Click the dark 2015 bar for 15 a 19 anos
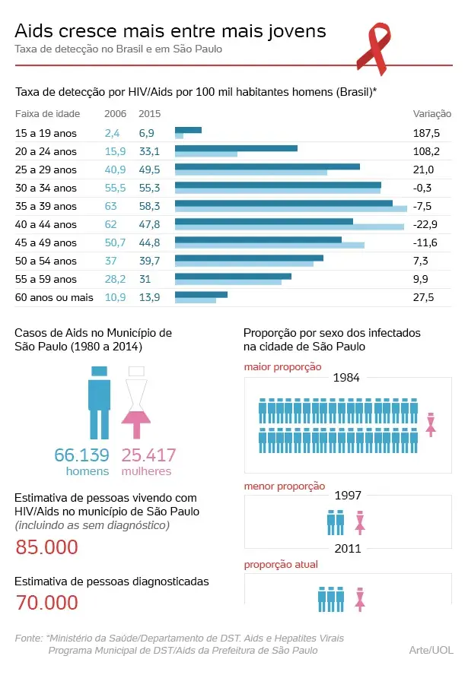188,130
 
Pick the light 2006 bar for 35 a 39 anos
291,208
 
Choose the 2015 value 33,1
149,151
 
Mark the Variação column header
431,114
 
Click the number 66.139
81,455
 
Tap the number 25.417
149,455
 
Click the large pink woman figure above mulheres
136,402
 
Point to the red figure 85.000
47,547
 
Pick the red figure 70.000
47,603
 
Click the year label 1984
346,378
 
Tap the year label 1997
347,495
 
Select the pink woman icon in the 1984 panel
430,424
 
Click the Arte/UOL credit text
431,650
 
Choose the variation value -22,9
425,224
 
